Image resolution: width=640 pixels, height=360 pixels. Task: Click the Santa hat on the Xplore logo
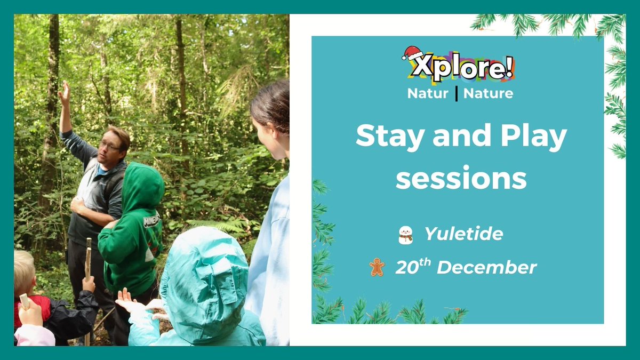click(412, 52)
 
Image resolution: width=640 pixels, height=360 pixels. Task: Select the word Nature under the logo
click(488, 93)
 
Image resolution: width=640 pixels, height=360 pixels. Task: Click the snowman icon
click(406, 234)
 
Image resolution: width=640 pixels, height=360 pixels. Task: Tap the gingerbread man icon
click(377, 267)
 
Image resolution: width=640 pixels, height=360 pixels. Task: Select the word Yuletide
click(463, 234)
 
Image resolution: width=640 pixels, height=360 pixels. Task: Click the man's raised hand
click(64, 92)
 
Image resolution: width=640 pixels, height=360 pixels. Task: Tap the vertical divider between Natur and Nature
click(457, 93)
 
